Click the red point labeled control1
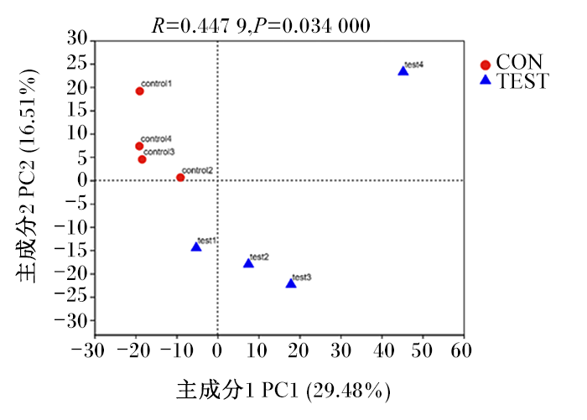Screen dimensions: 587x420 140,91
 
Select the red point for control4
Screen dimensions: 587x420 139,146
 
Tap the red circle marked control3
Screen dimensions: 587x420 142,159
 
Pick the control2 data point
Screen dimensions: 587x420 180,178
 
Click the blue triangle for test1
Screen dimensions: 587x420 196,246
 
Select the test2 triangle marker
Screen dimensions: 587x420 248,263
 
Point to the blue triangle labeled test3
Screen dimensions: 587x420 291,283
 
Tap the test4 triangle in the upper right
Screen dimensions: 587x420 403,70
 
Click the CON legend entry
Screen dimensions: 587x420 512,63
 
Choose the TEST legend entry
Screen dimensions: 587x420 514,80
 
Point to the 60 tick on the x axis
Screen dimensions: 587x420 461,350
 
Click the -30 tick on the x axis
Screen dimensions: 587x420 88,350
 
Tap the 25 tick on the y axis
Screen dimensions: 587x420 77,64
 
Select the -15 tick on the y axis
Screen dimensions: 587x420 71,250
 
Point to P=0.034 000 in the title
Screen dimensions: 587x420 312,26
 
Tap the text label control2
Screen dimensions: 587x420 197,170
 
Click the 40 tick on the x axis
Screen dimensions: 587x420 384,350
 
